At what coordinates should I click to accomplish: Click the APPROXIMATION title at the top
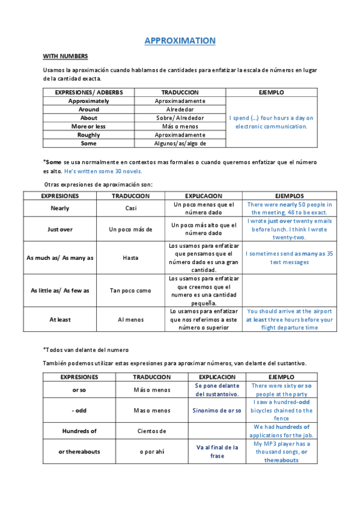[180, 41]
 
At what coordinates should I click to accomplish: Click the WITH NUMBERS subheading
[66, 56]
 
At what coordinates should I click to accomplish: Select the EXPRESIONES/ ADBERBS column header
[88, 93]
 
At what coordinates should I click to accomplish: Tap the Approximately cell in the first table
[88, 101]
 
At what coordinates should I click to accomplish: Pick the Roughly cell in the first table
[88, 135]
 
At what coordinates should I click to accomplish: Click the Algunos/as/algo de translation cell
[180, 143]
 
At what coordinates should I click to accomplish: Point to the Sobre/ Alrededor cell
[180, 118]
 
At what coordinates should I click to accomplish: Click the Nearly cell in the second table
[59, 208]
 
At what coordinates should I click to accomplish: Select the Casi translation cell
[130, 208]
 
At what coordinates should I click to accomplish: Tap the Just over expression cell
[59, 229]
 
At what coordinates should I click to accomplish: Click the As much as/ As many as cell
[59, 257]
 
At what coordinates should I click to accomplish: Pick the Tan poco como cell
[130, 290]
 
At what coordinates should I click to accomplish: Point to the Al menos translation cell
[130, 319]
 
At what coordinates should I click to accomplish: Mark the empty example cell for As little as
[290, 290]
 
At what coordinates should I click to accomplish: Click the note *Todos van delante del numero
[85, 349]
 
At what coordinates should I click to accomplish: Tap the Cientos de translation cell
[151, 431]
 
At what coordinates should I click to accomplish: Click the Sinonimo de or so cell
[217, 411]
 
